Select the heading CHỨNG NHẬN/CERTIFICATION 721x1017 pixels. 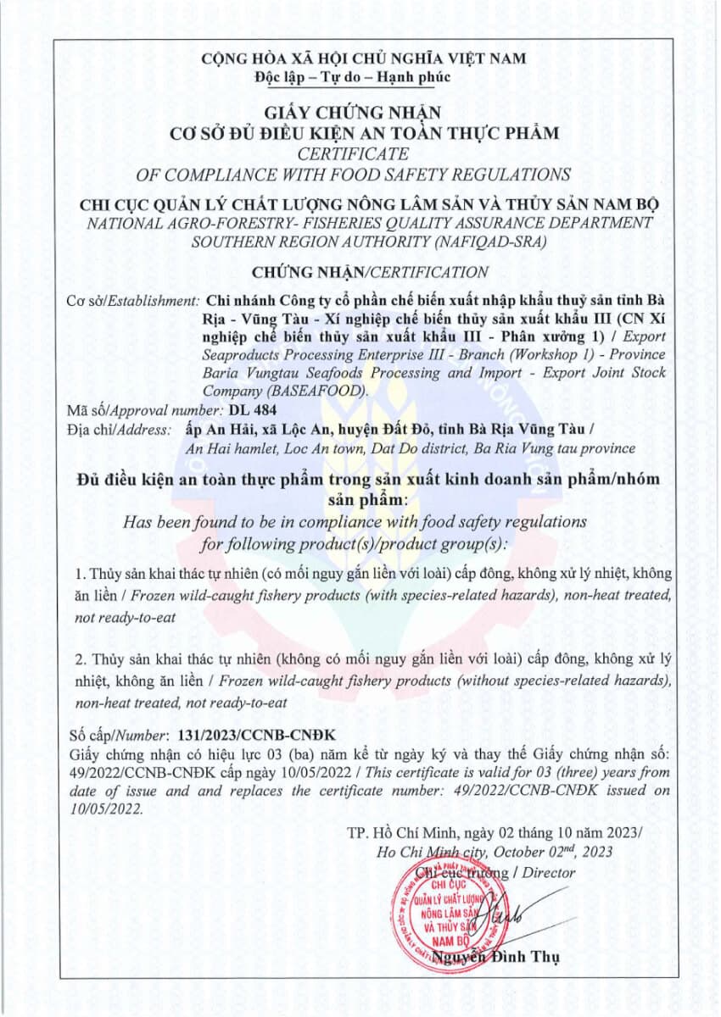pyautogui.click(x=370, y=272)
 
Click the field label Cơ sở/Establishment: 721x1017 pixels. pyautogui.click(x=132, y=302)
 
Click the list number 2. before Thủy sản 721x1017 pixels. pyautogui.click(x=81, y=659)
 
